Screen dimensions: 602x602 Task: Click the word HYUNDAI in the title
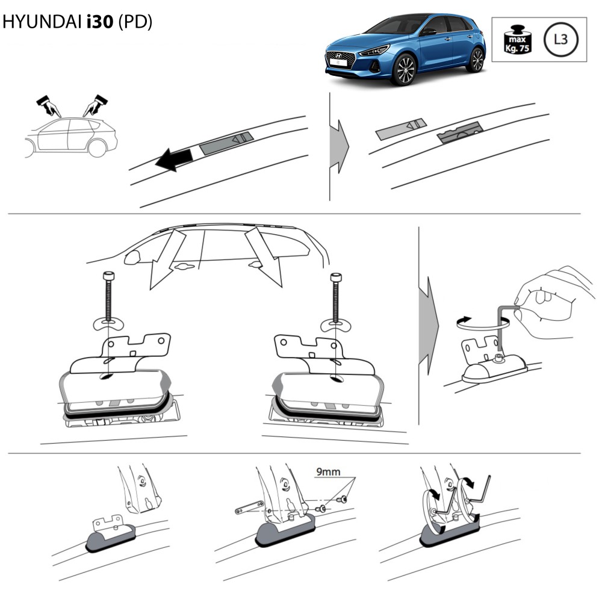(x=41, y=22)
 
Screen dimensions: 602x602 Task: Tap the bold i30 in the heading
(x=100, y=22)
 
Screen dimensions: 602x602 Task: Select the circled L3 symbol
(x=561, y=39)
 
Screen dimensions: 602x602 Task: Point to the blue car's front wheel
(x=405, y=70)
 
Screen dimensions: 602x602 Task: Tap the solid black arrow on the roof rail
(x=174, y=160)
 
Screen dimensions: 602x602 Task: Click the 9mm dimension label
(x=328, y=471)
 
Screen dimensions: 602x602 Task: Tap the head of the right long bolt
(x=336, y=277)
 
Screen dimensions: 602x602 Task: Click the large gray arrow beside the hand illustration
(x=428, y=326)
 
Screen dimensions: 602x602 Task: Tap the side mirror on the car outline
(x=132, y=257)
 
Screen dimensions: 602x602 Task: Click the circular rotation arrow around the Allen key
(x=482, y=323)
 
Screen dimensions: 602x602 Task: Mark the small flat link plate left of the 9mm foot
(x=249, y=507)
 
